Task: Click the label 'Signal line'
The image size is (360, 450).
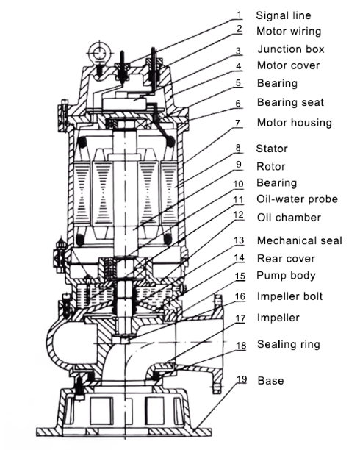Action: pos(284,15)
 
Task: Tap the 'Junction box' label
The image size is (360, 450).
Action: pos(291,49)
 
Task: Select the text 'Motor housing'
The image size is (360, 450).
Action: pos(295,123)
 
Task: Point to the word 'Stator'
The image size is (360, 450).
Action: pos(272,149)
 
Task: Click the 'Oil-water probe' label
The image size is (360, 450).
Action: pos(297,199)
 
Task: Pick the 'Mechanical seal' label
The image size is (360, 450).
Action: pos(300,240)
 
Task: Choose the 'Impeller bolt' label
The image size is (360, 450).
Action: pos(289,296)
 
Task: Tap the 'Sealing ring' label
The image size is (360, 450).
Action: pos(288,344)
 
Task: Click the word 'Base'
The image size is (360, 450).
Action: pos(271,381)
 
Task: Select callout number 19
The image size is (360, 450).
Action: pos(242,379)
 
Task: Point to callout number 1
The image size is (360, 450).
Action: pos(240,15)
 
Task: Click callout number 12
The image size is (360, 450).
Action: pos(239,215)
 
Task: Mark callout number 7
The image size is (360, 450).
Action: pos(237,123)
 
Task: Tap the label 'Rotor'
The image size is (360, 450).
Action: pos(271,166)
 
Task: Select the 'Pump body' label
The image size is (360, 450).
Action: pos(286,276)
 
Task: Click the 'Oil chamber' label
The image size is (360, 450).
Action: pos(289,218)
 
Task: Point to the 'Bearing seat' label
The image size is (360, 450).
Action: pos(290,102)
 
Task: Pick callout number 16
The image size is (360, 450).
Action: pos(240,296)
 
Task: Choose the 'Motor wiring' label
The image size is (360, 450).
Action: pos(289,32)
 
